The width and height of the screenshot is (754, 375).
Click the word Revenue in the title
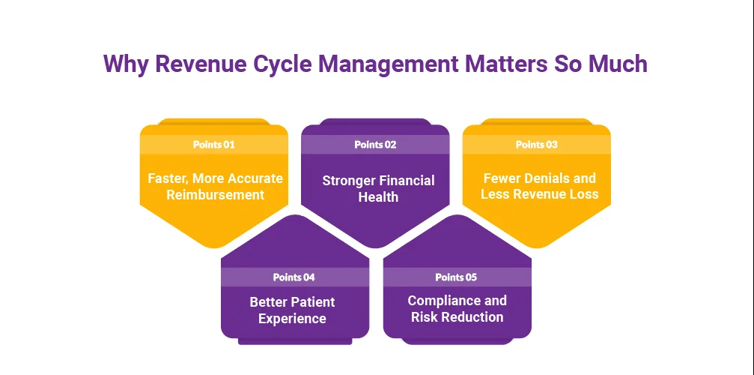coord(186,63)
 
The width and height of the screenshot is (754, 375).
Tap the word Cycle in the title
coord(273,63)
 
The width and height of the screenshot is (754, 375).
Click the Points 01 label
coord(213,145)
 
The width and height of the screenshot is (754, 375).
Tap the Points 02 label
coord(375,145)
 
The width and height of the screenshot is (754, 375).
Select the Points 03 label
coord(536,145)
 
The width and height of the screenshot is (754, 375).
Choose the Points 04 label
coord(294,277)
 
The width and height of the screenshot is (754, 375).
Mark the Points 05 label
coord(456,277)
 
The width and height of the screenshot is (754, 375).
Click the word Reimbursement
coord(215,195)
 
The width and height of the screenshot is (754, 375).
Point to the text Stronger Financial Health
coord(378,188)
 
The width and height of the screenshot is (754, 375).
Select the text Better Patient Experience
coord(292,310)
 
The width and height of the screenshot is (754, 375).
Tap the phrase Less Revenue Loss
coord(540,195)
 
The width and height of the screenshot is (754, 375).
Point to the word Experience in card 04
coord(292,319)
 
